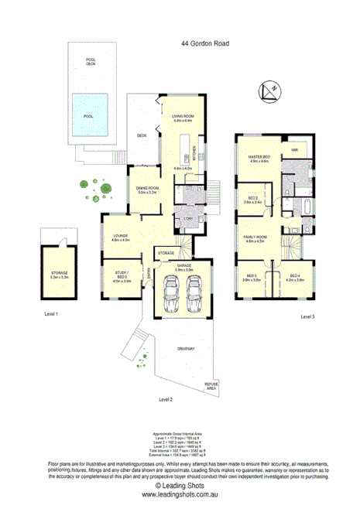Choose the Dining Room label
[147, 190]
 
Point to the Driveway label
[185, 349]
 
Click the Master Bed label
[258, 158]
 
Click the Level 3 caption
[308, 316]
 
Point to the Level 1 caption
[51, 313]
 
